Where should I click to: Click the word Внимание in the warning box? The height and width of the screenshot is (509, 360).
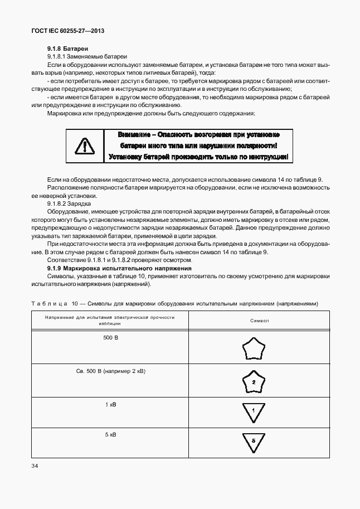tap(135, 135)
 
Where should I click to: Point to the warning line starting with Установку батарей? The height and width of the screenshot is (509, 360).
tap(198, 157)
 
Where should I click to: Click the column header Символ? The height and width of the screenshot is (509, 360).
tap(260, 321)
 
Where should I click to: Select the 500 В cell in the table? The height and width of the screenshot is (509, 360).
tap(110, 338)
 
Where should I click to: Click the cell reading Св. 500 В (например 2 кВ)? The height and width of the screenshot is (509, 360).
tap(110, 371)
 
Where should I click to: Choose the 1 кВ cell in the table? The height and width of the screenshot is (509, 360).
tap(110, 404)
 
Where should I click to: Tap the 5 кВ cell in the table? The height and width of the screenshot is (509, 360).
tap(110, 434)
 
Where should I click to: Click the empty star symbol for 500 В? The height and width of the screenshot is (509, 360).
tap(253, 350)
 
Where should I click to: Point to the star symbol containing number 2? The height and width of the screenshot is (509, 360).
tap(253, 382)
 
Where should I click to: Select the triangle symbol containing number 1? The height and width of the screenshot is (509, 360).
tap(253, 412)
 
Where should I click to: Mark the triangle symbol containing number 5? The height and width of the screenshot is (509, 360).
tap(253, 441)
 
